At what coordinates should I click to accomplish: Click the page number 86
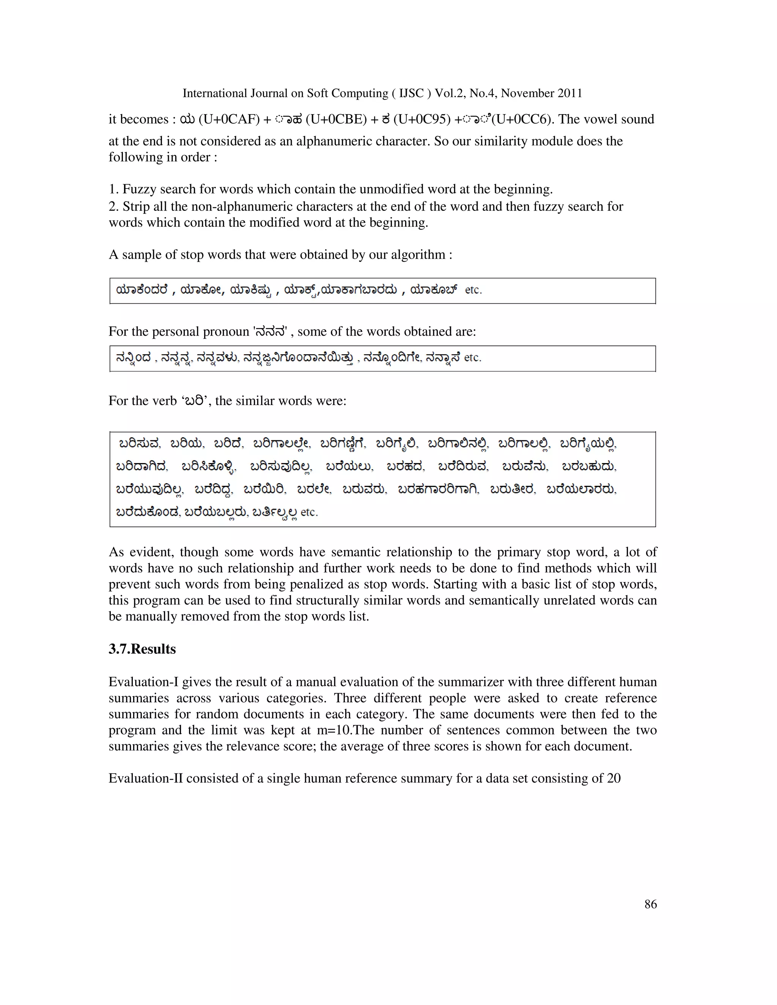(650, 904)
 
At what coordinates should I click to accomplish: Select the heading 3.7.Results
(142, 649)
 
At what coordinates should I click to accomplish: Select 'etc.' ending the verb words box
(309, 512)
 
